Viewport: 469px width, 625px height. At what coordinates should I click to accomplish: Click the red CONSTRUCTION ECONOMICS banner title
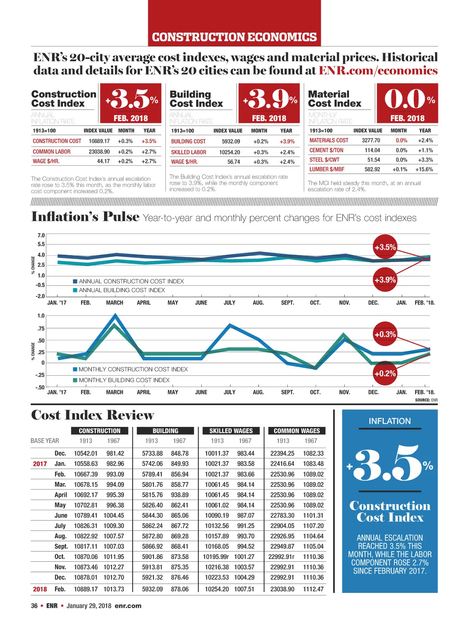click(x=234, y=37)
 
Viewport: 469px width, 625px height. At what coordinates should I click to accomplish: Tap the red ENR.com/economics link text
click(x=378, y=70)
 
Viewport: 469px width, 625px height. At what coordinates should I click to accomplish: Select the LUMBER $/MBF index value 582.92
click(x=372, y=170)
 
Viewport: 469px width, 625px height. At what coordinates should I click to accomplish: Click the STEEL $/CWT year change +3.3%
click(x=426, y=160)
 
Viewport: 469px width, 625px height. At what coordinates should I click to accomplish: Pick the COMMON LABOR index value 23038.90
click(x=99, y=152)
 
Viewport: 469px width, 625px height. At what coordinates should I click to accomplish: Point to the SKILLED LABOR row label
click(x=188, y=152)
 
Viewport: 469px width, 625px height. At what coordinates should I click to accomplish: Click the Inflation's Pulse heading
click(x=85, y=217)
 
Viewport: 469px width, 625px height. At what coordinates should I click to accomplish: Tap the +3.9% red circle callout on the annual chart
click(x=385, y=280)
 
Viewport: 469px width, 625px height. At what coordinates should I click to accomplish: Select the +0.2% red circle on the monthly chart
click(x=385, y=373)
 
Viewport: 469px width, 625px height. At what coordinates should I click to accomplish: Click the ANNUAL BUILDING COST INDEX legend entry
click(x=119, y=290)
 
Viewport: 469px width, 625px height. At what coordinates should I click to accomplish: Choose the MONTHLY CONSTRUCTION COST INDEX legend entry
click(x=131, y=369)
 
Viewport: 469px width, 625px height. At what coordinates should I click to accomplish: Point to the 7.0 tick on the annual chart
click(x=41, y=235)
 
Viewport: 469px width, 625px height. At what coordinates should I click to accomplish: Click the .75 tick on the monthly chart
click(x=41, y=329)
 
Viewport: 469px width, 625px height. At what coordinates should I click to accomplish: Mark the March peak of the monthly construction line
click(x=115, y=314)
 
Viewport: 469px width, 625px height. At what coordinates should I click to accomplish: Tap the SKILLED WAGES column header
click(x=231, y=431)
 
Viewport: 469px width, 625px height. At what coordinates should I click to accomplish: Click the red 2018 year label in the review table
click(x=40, y=589)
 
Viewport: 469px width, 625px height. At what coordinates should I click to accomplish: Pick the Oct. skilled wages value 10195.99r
click(x=216, y=557)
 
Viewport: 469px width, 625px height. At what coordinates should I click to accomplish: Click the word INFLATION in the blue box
click(x=390, y=421)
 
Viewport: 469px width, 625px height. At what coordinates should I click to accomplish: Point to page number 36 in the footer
click(x=34, y=606)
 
